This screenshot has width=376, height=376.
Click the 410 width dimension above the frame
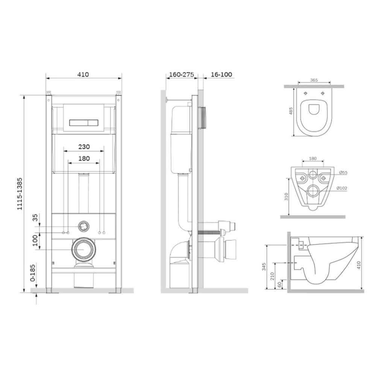click(83, 74)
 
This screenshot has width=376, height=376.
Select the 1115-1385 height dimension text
click(20, 194)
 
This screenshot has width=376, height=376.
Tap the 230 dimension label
click(84, 147)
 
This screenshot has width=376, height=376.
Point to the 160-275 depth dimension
click(182, 74)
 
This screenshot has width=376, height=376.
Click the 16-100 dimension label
click(221, 74)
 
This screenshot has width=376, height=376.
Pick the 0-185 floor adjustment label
click(33, 273)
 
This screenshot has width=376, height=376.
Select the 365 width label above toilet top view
click(314, 80)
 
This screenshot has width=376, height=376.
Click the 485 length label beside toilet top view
click(291, 111)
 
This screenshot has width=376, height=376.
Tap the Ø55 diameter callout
click(343, 173)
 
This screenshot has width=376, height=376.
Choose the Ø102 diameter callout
click(342, 188)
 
